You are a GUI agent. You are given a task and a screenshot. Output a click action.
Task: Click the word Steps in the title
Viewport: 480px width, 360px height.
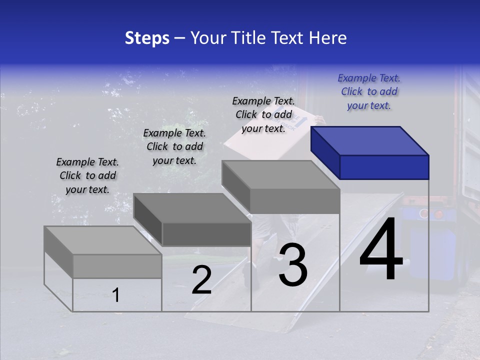coord(147,38)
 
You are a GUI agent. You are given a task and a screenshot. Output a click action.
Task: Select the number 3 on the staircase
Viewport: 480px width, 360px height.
coord(293,265)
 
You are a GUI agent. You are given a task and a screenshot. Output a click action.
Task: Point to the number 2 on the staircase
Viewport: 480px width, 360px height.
coord(201,280)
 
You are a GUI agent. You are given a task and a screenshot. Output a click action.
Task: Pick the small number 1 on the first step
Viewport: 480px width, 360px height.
coord(115,295)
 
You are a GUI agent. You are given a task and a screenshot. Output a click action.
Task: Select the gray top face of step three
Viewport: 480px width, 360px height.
coord(280,174)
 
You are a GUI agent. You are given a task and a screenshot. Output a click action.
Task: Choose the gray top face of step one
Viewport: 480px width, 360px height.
coord(102,240)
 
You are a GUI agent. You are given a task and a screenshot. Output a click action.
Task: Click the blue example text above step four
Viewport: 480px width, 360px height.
coord(369,91)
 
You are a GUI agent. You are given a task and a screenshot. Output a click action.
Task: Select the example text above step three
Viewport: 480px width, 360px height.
coord(263,114)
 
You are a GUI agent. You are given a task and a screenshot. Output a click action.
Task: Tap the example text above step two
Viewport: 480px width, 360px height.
coord(174,146)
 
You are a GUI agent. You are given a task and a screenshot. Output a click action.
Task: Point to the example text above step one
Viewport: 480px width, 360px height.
coord(87,175)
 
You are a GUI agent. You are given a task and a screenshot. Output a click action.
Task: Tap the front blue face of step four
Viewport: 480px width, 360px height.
coord(384,167)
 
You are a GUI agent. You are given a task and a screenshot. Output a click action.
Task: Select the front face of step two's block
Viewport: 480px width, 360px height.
coord(206,234)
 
